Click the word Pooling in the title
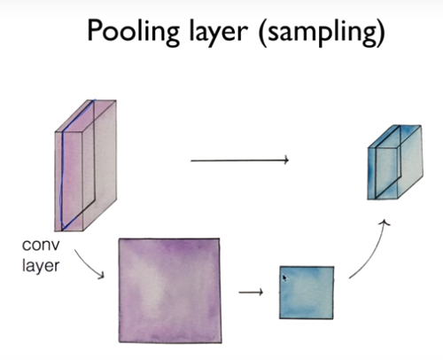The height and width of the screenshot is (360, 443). click(x=134, y=33)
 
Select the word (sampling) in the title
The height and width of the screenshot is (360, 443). click(x=322, y=33)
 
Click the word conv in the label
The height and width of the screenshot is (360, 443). click(x=41, y=245)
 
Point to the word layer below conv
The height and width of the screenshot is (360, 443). click(x=41, y=265)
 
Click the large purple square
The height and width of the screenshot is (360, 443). click(x=170, y=290)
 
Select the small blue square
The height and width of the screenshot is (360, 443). click(x=307, y=293)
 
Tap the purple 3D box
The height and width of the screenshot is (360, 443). click(x=85, y=165)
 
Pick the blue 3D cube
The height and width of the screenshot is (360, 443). click(x=395, y=162)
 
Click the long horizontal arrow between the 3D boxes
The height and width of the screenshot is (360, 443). click(x=239, y=160)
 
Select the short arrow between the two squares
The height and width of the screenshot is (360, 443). click(x=251, y=293)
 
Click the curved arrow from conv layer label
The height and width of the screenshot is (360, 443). click(x=90, y=264)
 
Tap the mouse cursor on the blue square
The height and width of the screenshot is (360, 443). click(x=284, y=278)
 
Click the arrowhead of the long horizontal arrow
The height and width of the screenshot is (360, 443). click(x=286, y=160)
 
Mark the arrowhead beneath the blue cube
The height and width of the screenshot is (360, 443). click(x=385, y=223)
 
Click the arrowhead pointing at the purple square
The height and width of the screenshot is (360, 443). click(x=101, y=275)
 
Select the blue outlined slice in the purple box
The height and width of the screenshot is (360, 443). click(x=77, y=165)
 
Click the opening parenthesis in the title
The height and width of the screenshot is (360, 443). click(x=263, y=33)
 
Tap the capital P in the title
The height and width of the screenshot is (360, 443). click(x=95, y=31)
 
